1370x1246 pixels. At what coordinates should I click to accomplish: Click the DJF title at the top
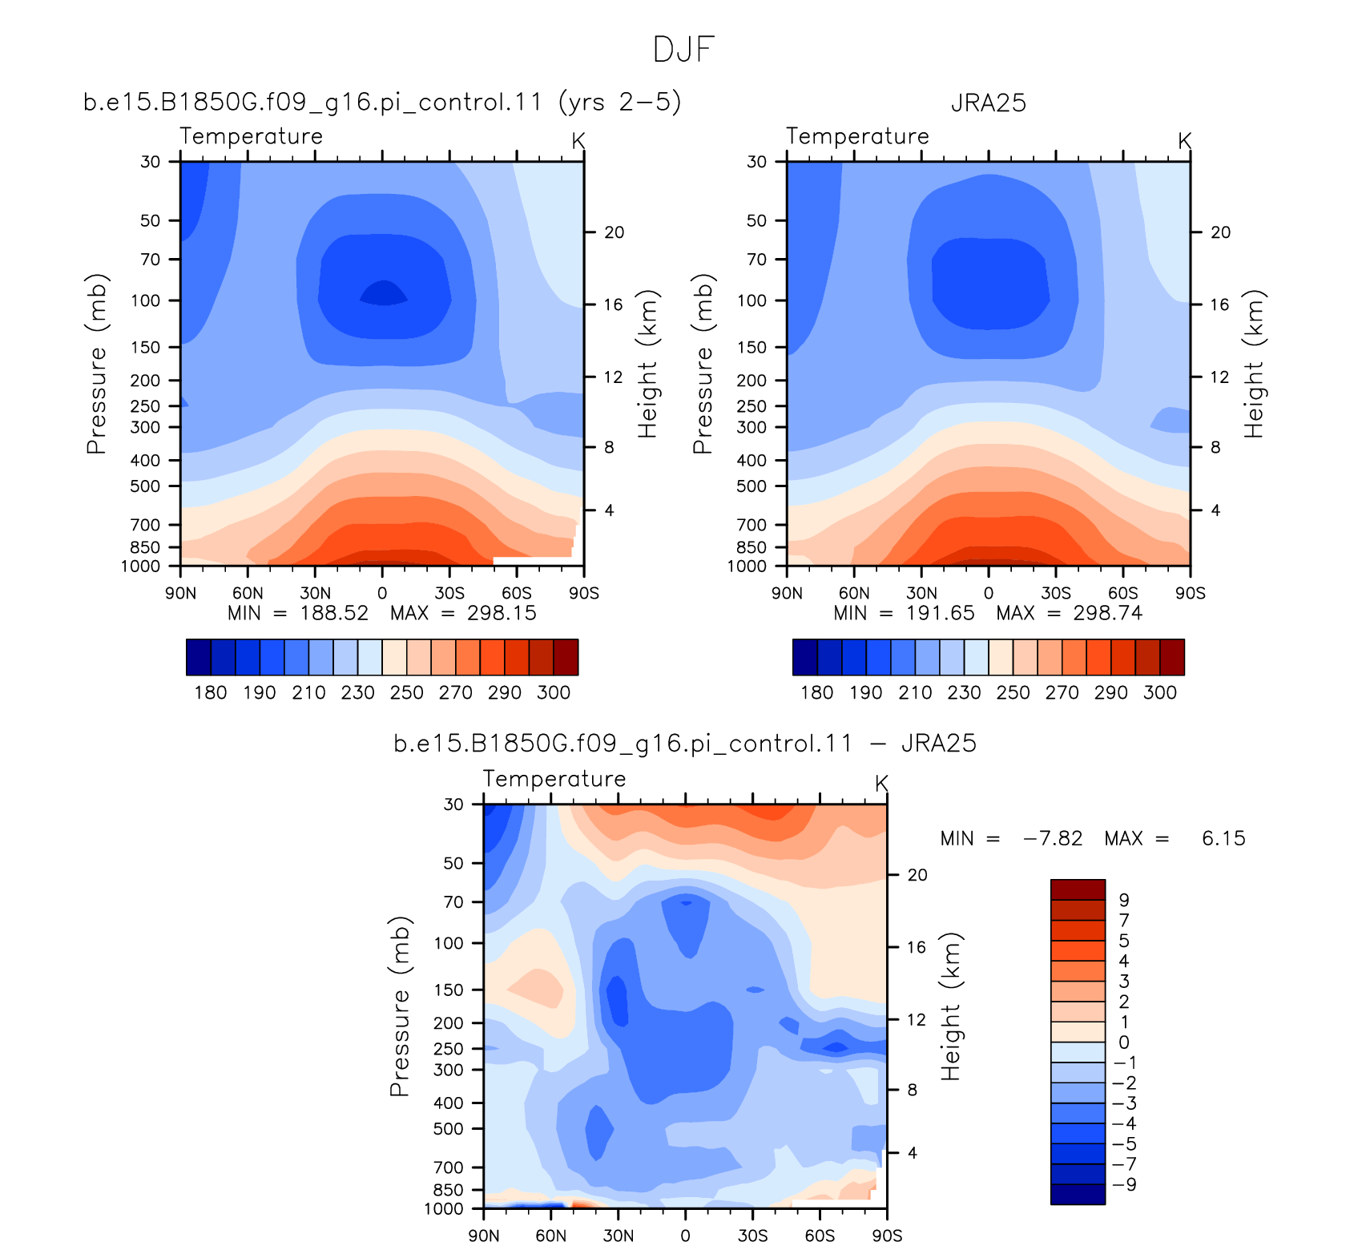click(683, 50)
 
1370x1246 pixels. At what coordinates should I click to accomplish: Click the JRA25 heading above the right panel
click(989, 103)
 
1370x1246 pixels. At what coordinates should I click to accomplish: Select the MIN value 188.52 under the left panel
click(334, 613)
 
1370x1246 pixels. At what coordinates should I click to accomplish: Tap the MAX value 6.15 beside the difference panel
click(1223, 838)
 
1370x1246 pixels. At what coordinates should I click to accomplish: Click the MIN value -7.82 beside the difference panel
click(1053, 838)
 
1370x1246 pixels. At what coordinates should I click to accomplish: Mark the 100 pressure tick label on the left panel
click(146, 300)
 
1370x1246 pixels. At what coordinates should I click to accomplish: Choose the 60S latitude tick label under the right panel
click(1122, 593)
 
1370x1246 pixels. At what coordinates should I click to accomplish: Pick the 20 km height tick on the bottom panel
click(917, 875)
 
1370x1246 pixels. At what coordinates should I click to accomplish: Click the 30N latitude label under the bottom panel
click(618, 1235)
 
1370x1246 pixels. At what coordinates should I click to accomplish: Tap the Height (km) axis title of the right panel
click(1253, 364)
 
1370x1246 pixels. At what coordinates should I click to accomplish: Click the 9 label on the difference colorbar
click(1123, 900)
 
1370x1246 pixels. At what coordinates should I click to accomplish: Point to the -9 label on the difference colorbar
click(1124, 1184)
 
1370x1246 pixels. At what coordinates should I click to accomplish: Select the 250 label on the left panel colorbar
click(407, 692)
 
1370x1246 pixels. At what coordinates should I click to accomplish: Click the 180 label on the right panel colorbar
click(817, 692)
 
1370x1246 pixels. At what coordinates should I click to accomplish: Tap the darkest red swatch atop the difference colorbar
click(1078, 889)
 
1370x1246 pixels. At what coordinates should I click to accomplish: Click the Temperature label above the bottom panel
click(554, 779)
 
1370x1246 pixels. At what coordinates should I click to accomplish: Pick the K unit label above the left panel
click(578, 141)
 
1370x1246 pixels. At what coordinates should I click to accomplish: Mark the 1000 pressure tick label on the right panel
click(747, 567)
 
